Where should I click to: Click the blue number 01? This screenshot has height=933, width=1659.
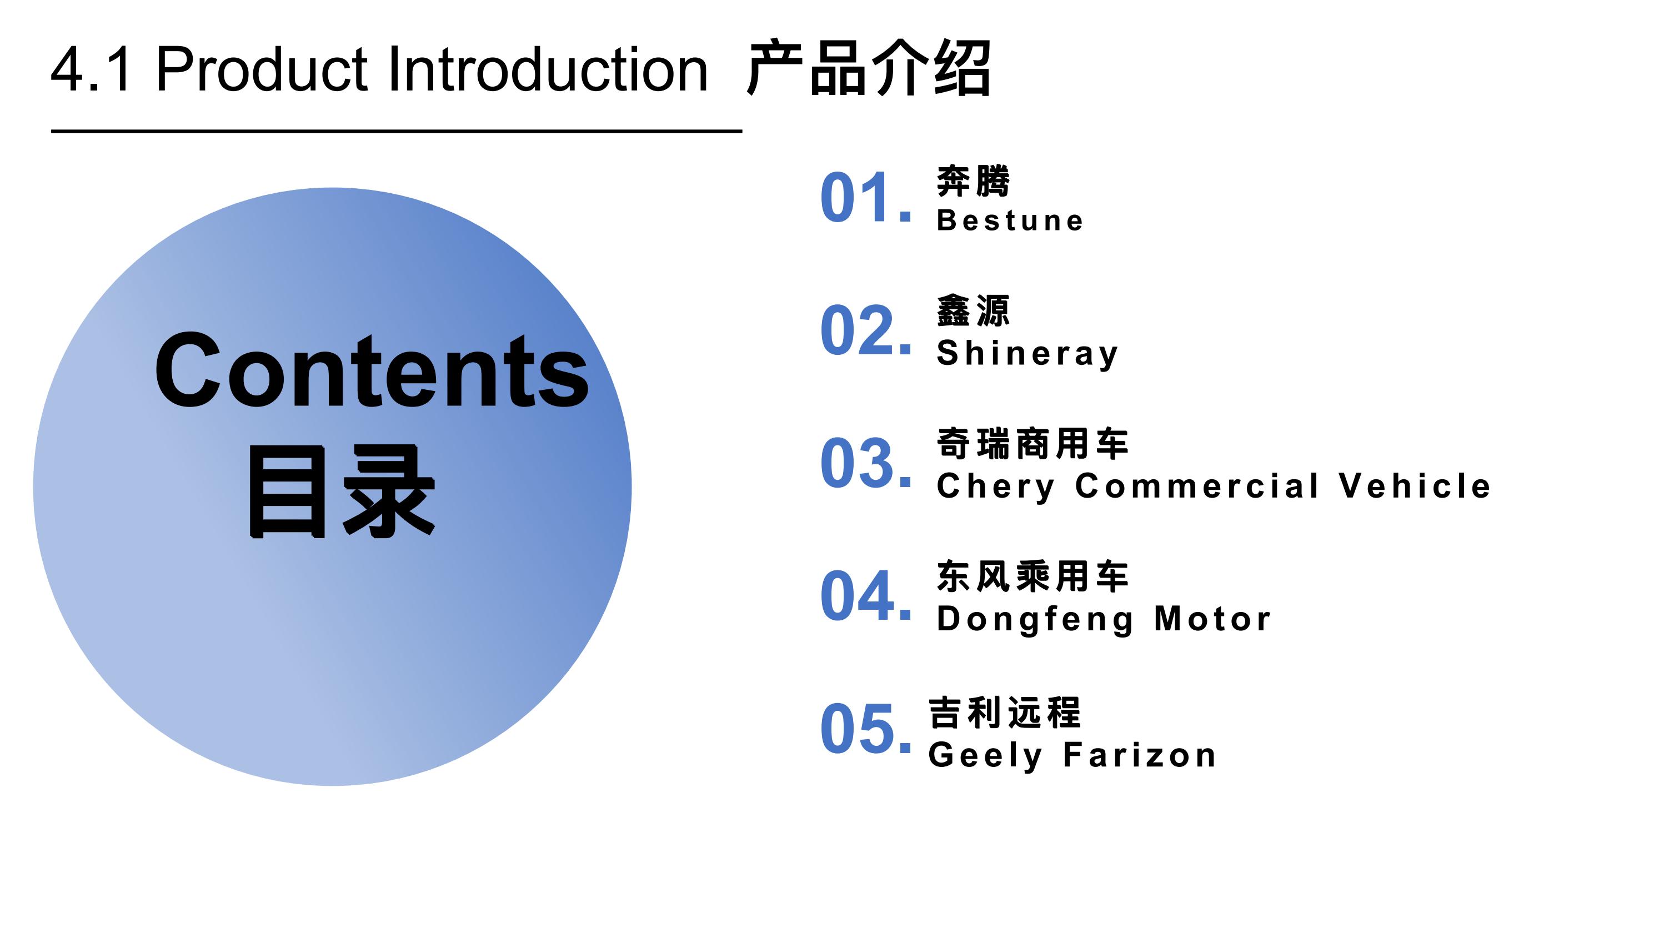coord(865,197)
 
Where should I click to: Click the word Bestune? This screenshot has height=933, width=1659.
coord(1010,220)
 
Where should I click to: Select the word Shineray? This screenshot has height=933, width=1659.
coord(1027,354)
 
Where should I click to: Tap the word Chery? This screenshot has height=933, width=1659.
coord(996,487)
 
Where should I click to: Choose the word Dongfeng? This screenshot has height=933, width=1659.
coord(1035,619)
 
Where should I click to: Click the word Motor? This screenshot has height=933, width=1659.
coord(1212,619)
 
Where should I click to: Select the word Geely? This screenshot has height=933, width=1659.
coord(985,756)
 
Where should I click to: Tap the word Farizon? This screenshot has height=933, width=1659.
coord(1139,755)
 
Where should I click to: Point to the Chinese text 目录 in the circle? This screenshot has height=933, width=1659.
coord(342,491)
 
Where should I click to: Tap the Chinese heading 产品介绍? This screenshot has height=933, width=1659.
coord(868,68)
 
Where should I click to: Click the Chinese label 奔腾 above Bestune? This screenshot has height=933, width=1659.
coord(973,181)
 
